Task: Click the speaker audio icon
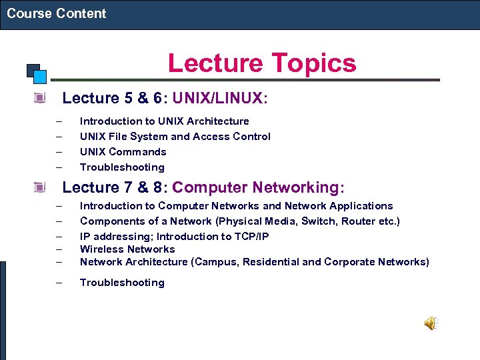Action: pyautogui.click(x=431, y=323)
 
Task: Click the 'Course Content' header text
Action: pyautogui.click(x=57, y=13)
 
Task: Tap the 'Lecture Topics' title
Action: pyautogui.click(x=262, y=63)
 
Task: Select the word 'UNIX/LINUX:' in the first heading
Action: pyautogui.click(x=220, y=99)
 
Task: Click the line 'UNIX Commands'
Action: pyautogui.click(x=123, y=151)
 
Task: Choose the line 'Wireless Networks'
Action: pyautogui.click(x=127, y=249)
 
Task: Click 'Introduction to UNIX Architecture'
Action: pyautogui.click(x=164, y=121)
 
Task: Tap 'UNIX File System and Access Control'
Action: pyautogui.click(x=175, y=136)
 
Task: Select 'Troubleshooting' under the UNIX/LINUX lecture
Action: pyautogui.click(x=122, y=167)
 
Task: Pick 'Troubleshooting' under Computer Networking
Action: pyautogui.click(x=122, y=282)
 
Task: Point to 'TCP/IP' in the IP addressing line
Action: pyautogui.click(x=249, y=236)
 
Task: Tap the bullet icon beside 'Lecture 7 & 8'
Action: pyautogui.click(x=41, y=187)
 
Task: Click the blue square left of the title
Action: pyautogui.click(x=40, y=75)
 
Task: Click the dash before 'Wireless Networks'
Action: pyautogui.click(x=59, y=249)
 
